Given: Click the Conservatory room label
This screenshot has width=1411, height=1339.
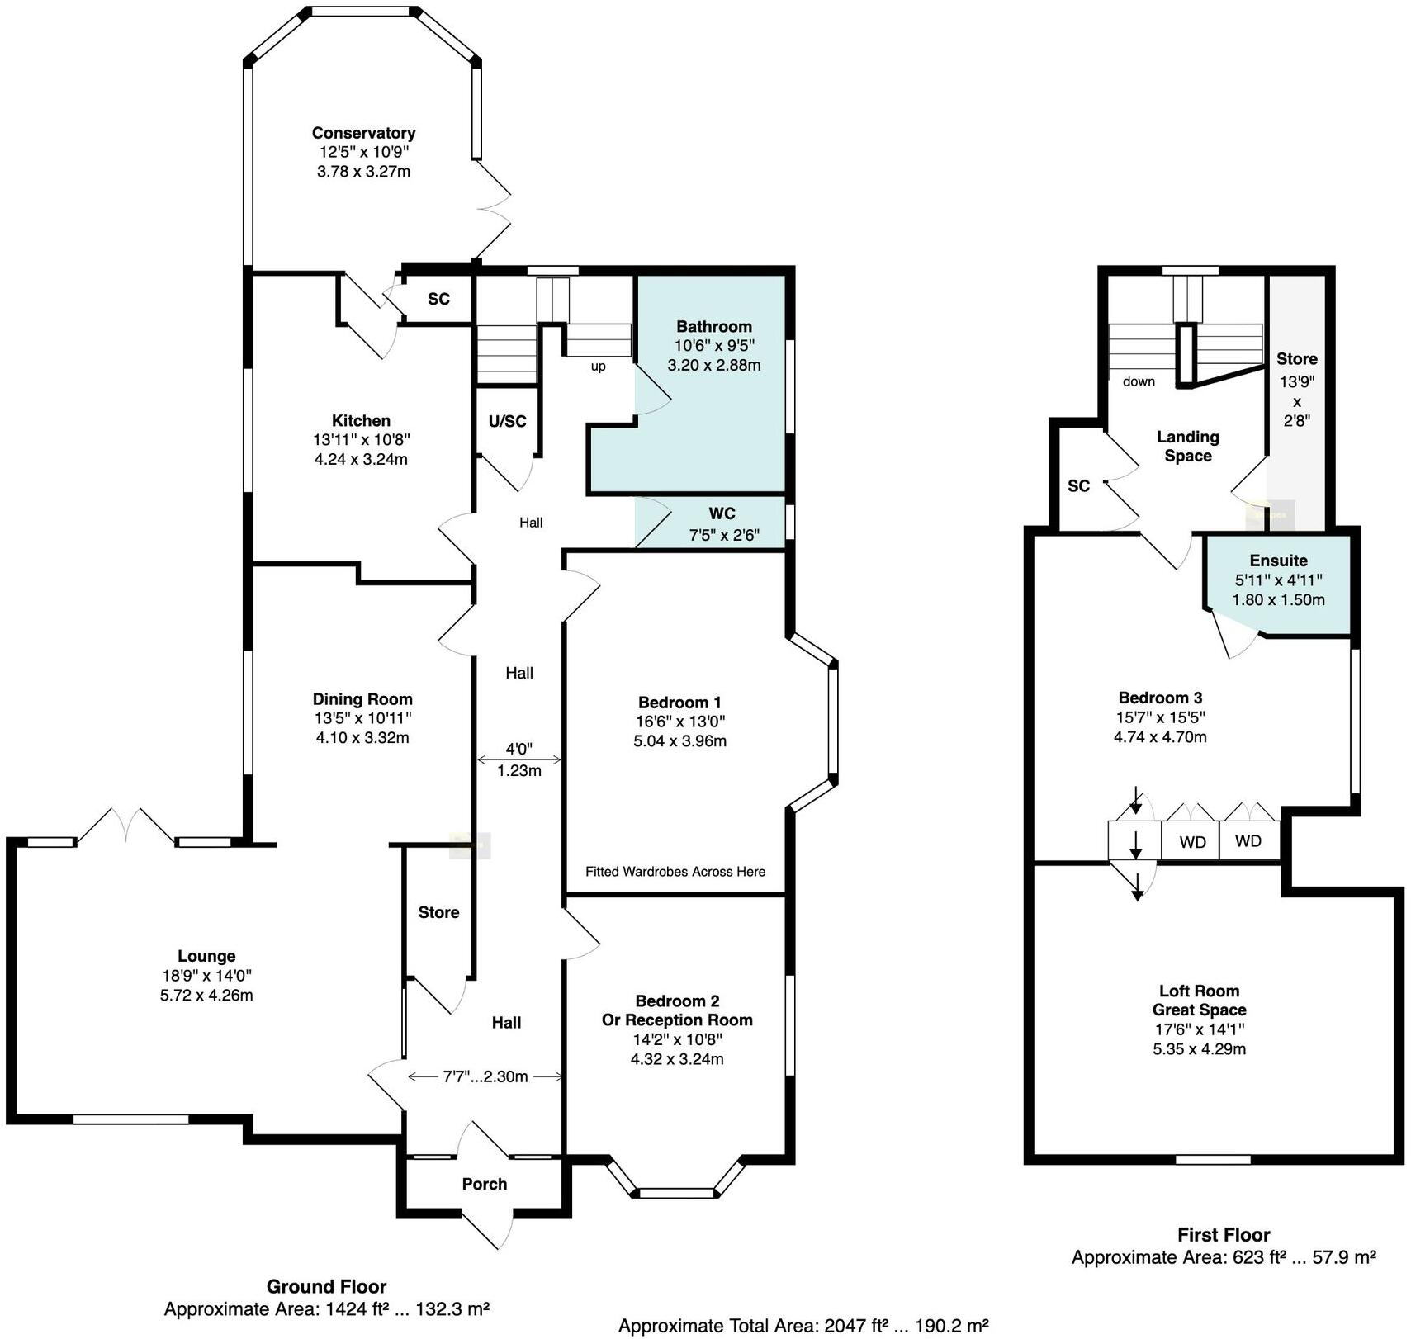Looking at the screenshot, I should pos(363,133).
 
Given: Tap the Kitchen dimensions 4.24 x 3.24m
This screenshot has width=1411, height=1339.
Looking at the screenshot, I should pos(361,460).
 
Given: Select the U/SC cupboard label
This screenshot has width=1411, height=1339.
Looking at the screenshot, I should pos(507,421).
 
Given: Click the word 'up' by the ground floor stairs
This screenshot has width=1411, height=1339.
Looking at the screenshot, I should pos(598,367).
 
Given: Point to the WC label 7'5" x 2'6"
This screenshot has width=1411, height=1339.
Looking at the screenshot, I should pos(722,524).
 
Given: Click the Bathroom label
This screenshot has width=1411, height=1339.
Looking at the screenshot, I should pos(714,326).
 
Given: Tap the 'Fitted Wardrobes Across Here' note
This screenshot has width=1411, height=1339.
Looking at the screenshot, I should pos(675,872).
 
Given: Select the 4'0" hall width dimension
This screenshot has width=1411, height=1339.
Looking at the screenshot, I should pos(519,750).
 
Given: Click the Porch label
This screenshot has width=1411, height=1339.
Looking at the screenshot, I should pos(485,1184).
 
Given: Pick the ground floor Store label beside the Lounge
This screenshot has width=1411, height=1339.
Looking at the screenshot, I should pos(438,912).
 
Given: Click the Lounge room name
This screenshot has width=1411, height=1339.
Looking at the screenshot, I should pos(206,956).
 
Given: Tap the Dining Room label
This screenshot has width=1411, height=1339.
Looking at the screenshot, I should pos(362,698).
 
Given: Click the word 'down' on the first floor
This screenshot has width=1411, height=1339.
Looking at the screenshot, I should pos(1139,381).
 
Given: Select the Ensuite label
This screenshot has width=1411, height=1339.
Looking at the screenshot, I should pos(1278,561).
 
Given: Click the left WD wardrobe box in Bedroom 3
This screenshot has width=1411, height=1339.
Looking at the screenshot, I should pos(1192,842).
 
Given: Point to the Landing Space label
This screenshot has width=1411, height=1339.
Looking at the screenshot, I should pos(1187,446).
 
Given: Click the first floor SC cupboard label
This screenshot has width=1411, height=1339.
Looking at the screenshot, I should pos(1078,485).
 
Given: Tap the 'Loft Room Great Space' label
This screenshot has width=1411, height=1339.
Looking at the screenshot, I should pos(1199,1001).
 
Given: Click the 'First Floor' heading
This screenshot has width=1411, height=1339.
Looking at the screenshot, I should pos(1223,1235).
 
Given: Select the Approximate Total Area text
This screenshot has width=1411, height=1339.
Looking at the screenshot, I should pos(803,1326).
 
